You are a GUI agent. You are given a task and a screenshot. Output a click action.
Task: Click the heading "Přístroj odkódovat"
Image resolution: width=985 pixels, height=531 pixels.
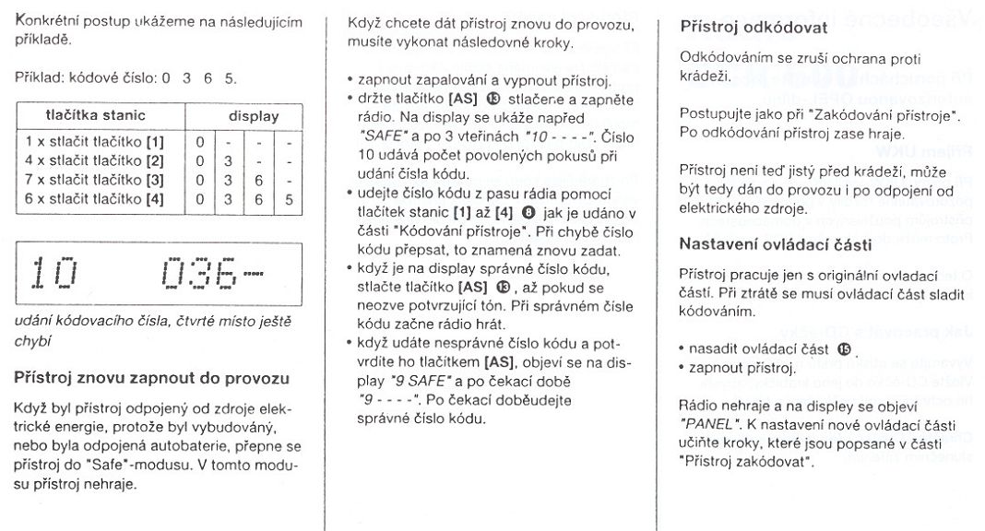[754, 28]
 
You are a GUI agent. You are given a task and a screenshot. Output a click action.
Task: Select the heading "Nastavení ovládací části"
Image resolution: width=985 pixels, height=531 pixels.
[776, 243]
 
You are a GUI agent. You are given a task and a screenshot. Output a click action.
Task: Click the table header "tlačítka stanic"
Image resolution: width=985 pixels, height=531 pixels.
[96, 115]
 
